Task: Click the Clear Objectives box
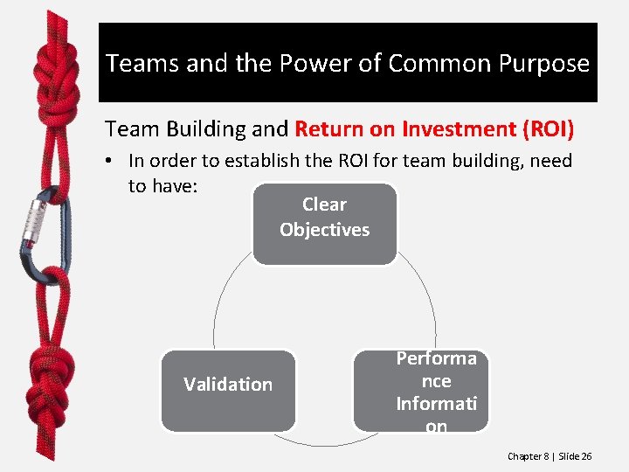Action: [x=324, y=223]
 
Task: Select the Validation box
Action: [x=228, y=390]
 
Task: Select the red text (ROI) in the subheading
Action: [x=548, y=130]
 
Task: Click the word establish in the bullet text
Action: [x=267, y=161]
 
